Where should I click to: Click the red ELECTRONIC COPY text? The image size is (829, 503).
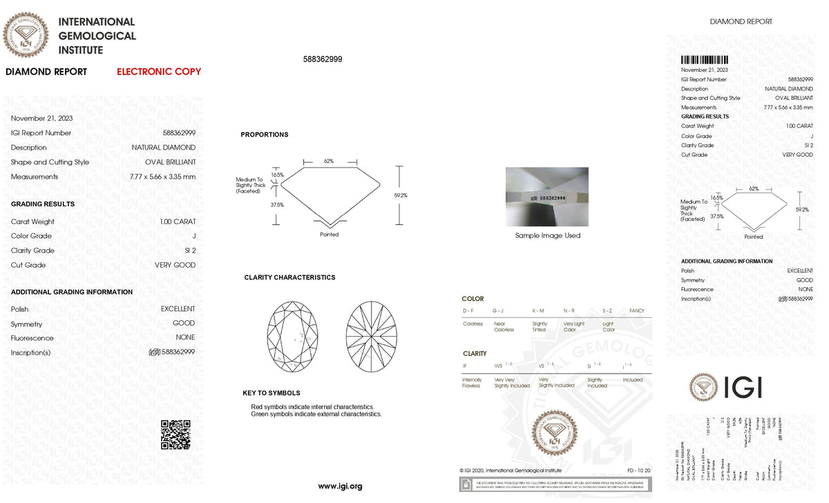tap(159, 72)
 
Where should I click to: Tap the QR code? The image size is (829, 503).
tap(175, 435)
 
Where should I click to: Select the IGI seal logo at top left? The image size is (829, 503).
tap(26, 34)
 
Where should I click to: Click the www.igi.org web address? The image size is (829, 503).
tap(340, 486)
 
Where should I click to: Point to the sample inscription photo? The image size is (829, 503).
tap(547, 197)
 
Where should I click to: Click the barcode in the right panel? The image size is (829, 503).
tap(705, 60)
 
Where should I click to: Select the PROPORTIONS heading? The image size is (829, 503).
tap(265, 135)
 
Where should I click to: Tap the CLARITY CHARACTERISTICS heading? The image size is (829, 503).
tap(289, 277)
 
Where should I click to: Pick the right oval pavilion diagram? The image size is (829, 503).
tap(372, 334)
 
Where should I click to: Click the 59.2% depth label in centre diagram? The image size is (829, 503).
tap(401, 195)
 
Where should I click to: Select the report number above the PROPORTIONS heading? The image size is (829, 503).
tap(323, 59)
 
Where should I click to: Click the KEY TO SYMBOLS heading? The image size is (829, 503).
tap(271, 393)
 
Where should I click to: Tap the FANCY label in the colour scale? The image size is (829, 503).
tap(637, 311)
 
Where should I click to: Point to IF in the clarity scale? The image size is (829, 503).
tap(465, 365)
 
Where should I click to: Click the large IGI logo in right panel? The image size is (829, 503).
tap(725, 387)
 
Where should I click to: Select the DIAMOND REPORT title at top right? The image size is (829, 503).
tap(741, 21)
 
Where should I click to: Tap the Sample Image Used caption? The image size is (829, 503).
tap(548, 236)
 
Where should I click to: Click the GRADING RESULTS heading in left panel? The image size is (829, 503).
tap(43, 204)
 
